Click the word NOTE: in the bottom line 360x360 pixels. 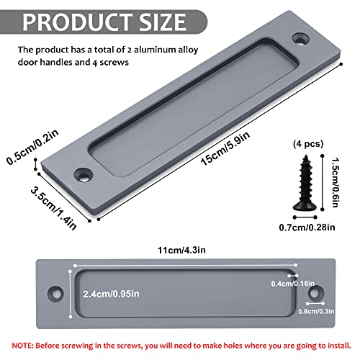click(24, 345)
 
